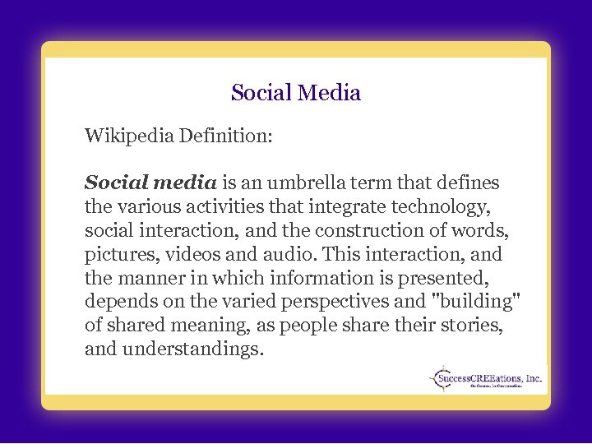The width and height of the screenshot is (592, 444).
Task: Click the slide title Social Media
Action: (296, 93)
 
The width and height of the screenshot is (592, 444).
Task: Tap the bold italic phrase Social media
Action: (150, 182)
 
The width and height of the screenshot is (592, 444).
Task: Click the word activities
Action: (228, 206)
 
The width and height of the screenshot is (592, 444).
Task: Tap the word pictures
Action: (117, 253)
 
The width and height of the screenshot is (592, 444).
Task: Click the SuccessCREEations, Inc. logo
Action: (486, 379)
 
